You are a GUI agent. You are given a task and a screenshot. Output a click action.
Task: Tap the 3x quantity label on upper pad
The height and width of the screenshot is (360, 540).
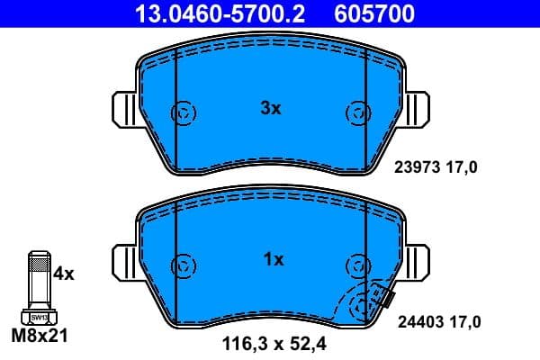point(271,109)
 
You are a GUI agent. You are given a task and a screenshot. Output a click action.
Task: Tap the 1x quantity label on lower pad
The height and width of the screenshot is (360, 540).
point(273,260)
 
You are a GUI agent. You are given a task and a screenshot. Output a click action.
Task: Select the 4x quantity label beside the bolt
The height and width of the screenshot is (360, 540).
point(64,273)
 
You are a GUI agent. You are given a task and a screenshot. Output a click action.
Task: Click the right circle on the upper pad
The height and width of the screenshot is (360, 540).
point(356,113)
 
